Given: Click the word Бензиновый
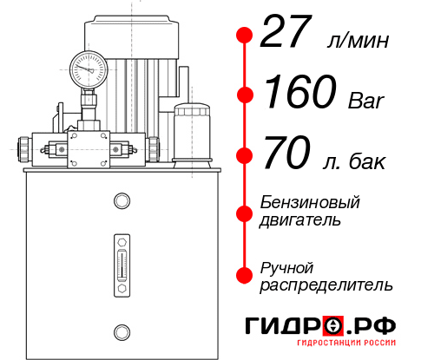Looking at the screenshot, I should [x=310, y=203].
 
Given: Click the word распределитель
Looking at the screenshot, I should [x=327, y=285].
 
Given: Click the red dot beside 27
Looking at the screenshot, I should [x=245, y=36].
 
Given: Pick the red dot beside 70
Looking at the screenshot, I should [x=245, y=157].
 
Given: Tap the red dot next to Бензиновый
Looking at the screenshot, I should [x=245, y=213].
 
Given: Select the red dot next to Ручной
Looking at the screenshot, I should [x=245, y=275].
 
